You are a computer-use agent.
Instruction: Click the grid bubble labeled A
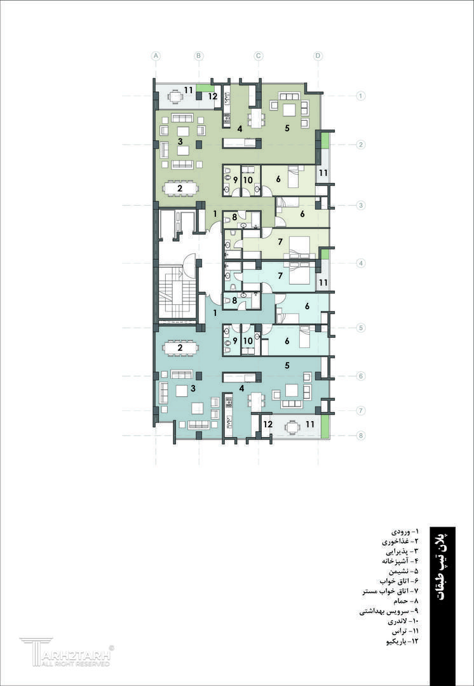[x=156, y=55]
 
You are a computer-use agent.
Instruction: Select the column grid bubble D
[x=318, y=55]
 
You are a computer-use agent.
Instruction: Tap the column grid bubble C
[x=258, y=55]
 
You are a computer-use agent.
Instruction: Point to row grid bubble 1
[x=361, y=95]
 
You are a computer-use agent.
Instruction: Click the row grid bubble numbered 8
[x=361, y=436]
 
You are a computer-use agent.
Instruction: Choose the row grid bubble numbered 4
[x=361, y=264]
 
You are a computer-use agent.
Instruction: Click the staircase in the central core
[x=177, y=292]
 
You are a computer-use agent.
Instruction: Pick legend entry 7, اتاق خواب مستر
[x=386, y=592]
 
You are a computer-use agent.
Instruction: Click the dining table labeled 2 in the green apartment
[x=180, y=189]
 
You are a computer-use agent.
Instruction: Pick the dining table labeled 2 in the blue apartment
[x=180, y=348]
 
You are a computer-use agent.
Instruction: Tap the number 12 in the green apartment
[x=213, y=97]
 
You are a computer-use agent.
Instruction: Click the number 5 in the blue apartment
[x=287, y=366]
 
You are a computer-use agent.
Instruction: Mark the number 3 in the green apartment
[x=180, y=141]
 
